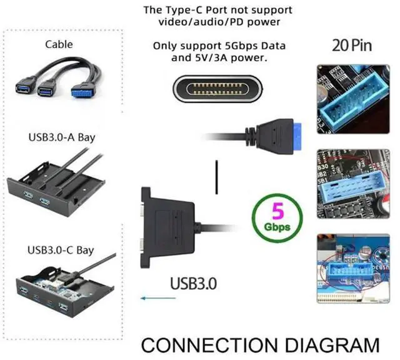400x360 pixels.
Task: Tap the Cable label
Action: click(59, 44)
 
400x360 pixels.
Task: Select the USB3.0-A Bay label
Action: click(61, 137)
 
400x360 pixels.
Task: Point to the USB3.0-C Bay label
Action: click(61, 250)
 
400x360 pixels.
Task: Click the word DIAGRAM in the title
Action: click(332, 344)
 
